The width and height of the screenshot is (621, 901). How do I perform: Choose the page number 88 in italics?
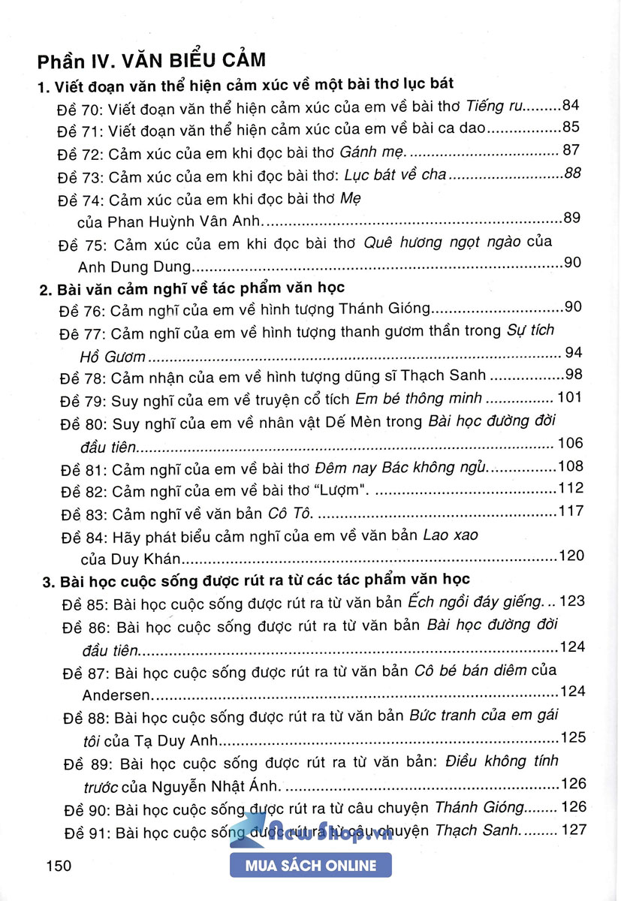(573, 175)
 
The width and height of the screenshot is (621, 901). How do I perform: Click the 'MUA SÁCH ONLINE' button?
(311, 866)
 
